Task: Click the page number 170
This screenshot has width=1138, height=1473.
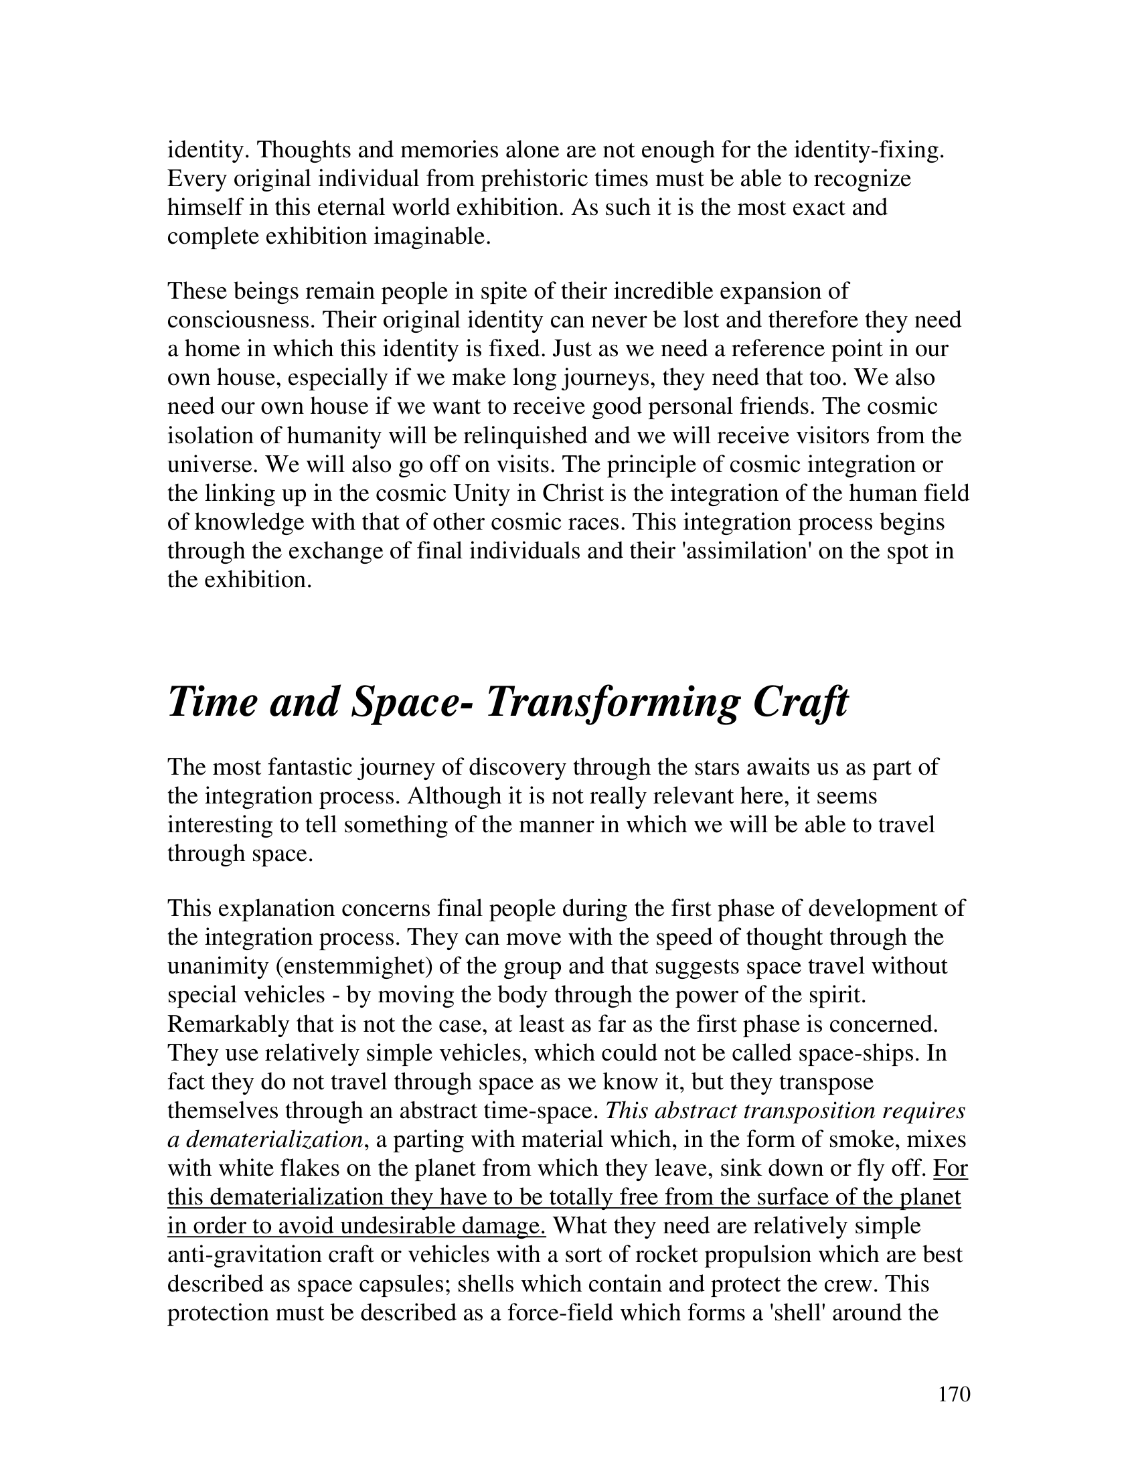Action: (x=953, y=1393)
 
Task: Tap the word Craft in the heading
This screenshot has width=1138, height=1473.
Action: (x=800, y=702)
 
